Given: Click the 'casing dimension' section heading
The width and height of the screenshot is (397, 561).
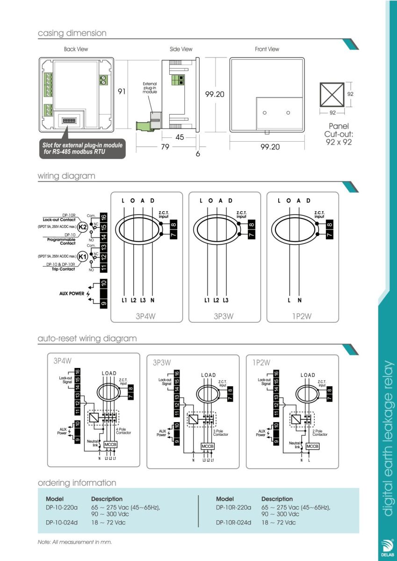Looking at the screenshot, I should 72,33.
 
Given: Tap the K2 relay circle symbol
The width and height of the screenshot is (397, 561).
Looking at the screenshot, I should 82,227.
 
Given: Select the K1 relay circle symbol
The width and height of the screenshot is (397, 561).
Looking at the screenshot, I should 82,257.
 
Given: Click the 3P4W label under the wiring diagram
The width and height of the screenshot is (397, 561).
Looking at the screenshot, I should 145,316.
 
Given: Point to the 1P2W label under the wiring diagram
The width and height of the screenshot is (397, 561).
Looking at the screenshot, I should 302,316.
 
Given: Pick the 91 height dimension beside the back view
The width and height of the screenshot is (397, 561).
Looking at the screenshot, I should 122,92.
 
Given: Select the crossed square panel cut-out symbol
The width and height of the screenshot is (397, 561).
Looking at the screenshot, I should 332,95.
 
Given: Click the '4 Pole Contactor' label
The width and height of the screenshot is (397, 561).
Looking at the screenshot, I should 123,431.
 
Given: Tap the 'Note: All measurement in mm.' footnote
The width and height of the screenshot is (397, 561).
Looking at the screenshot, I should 75,542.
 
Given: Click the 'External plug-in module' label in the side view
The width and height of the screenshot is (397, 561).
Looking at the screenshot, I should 150,88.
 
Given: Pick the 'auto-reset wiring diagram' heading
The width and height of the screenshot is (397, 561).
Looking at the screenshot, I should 87,338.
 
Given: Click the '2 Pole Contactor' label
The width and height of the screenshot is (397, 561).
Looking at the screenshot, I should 320,432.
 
